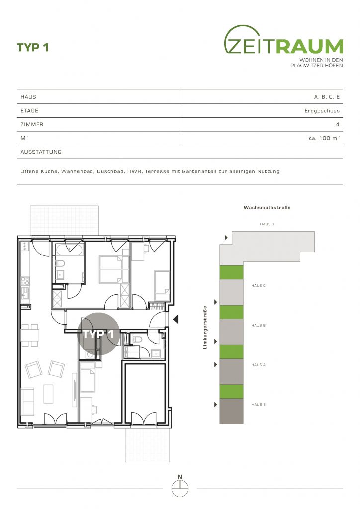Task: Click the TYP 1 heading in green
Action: tap(33, 47)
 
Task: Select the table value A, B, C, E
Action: tap(327, 97)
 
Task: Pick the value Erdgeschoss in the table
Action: tap(322, 111)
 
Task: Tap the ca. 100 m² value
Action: tap(324, 138)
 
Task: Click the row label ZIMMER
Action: tap(32, 124)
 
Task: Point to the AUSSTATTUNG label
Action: tap(41, 152)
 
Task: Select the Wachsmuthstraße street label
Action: tap(267, 207)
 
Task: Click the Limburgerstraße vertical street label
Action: tap(205, 328)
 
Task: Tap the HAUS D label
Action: tap(267, 224)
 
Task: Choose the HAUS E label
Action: tap(258, 405)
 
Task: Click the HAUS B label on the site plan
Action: tap(258, 325)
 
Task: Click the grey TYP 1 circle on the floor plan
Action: tap(98, 334)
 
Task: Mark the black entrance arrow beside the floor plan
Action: tap(176, 320)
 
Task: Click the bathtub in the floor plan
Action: tap(69, 250)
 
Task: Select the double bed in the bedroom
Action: tap(110, 269)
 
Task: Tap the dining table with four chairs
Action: tap(30, 335)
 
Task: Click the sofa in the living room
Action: tap(27, 402)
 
